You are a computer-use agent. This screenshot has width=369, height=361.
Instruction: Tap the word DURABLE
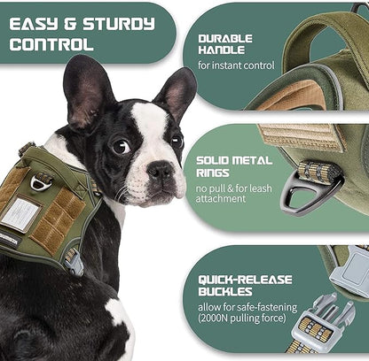[224, 38]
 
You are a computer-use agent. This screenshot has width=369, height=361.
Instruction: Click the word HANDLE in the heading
[222, 50]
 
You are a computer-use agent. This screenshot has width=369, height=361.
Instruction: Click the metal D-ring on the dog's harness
[40, 181]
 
